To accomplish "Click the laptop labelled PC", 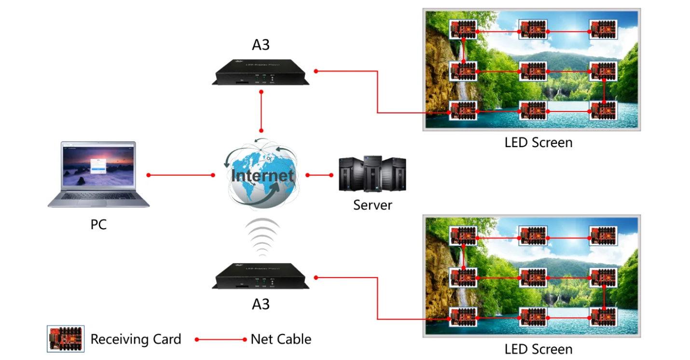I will [x=98, y=175].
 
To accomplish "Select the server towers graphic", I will [x=373, y=174].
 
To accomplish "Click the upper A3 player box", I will [x=261, y=72].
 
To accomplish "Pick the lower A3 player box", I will [x=261, y=277].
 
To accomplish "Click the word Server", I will [x=373, y=205].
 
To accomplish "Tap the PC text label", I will [x=98, y=225].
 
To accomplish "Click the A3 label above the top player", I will [x=261, y=45].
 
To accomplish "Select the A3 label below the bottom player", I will [x=261, y=305].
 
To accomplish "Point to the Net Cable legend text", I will [x=281, y=339].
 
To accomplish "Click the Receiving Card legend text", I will [x=136, y=339].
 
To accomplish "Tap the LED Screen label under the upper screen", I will [x=538, y=143].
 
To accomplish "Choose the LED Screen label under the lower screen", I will [x=538, y=349].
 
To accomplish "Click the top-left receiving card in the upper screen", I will [x=463, y=30].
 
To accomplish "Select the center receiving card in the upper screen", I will [x=533, y=71].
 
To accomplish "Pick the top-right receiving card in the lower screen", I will [x=603, y=236].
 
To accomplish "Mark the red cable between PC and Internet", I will [x=181, y=175].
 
